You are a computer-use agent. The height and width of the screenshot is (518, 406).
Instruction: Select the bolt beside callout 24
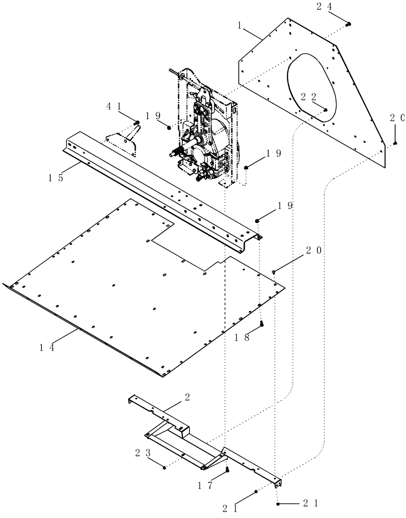(349, 24)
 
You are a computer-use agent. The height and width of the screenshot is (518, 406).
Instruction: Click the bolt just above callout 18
(262, 324)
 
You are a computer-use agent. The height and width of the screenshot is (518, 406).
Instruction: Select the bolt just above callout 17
(227, 470)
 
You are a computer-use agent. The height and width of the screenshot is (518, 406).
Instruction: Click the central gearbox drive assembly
(207, 135)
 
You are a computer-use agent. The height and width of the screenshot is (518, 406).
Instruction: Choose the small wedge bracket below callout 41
(122, 142)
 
